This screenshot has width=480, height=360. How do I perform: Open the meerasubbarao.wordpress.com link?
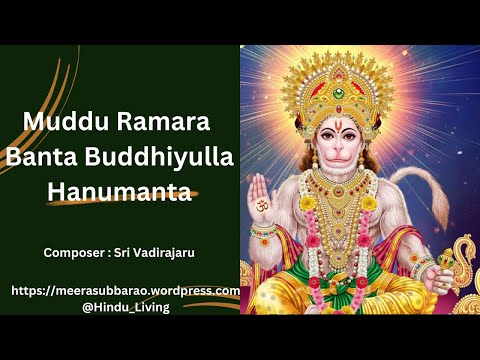125,290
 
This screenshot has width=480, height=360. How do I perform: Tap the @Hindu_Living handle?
126,307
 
